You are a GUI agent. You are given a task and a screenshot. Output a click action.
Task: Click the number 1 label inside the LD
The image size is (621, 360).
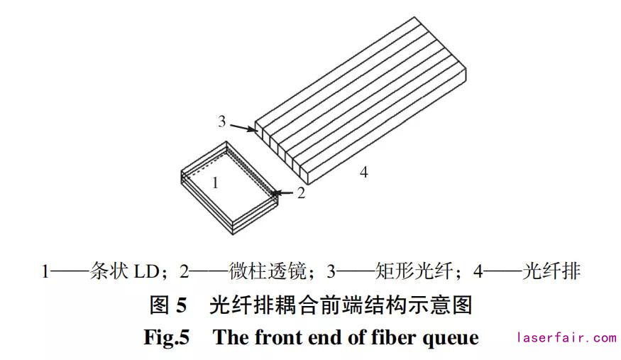215,182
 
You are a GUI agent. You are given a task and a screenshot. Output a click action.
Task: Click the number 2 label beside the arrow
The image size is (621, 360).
301,193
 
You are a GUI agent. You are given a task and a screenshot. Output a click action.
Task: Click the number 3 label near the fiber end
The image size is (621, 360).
222,121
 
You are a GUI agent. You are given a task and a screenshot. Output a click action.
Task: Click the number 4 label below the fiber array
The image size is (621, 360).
363,172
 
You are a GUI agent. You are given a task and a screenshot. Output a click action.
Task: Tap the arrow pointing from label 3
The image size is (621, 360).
243,128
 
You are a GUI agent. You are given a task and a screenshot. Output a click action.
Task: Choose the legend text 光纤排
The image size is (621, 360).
551,271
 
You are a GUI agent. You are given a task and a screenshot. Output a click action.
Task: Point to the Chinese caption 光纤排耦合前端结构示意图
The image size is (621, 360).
341,305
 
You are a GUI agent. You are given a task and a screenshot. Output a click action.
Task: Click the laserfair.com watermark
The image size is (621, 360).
567,338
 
